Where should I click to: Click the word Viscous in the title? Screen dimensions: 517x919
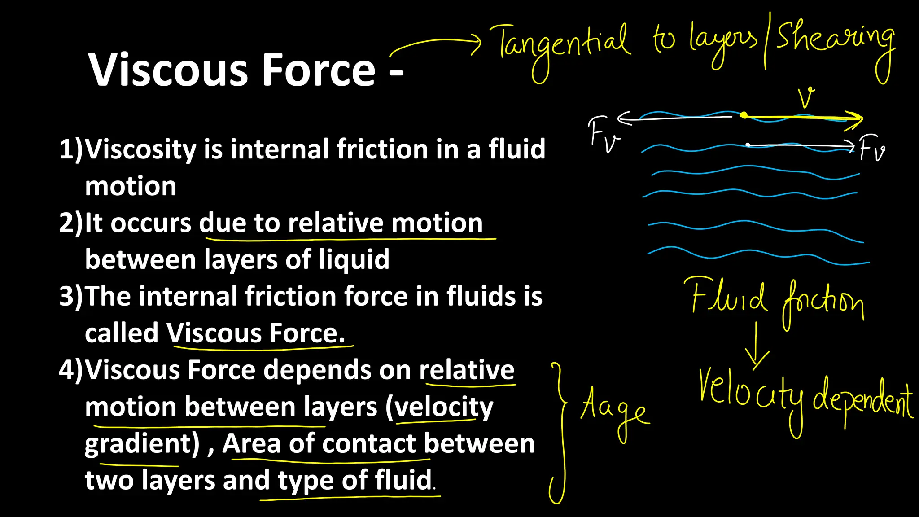pyautogui.click(x=168, y=70)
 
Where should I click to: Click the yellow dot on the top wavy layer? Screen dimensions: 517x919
pyautogui.click(x=744, y=115)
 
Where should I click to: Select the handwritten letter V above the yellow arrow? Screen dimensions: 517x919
pyautogui.click(x=806, y=98)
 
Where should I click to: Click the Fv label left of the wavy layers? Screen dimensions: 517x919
pyautogui.click(x=603, y=134)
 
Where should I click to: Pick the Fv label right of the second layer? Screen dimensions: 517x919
pyautogui.click(x=872, y=149)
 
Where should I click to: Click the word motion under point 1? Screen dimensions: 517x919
pyautogui.click(x=131, y=186)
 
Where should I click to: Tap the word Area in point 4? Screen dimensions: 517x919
pyautogui.click(x=251, y=443)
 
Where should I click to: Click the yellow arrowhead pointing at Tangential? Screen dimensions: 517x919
pyautogui.click(x=477, y=44)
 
